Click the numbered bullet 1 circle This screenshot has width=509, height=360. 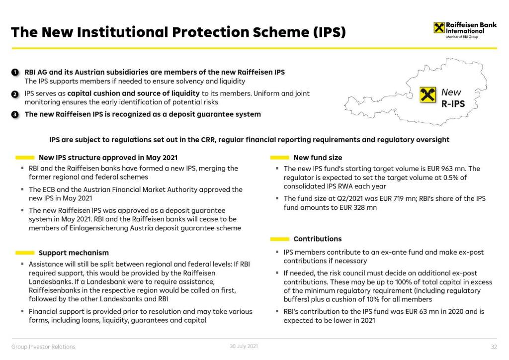coord(15,72)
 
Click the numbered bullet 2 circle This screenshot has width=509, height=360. coord(15,93)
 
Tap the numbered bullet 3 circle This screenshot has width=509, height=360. coord(15,114)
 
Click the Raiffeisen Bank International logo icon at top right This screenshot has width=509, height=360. coord(439,28)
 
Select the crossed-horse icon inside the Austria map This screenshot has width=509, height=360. coord(427,94)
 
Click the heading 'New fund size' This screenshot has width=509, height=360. coord(318,158)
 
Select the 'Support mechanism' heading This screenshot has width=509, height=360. coord(74,253)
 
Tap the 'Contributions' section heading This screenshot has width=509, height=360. coord(318,239)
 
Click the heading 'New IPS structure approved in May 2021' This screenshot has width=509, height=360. coord(108,158)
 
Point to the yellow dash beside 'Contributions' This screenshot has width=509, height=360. coord(280,239)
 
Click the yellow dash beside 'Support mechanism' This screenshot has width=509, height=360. coord(25,253)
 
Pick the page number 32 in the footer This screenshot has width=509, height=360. coord(494,347)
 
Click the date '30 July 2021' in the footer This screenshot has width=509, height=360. coord(244,346)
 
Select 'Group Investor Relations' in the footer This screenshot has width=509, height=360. coord(44,347)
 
